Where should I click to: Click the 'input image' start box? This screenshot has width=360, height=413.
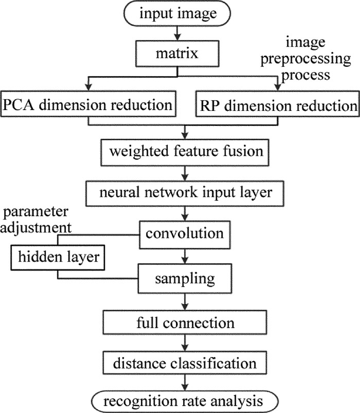(178, 14)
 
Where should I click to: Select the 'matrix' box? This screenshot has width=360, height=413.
(177, 52)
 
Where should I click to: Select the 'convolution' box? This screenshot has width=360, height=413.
(184, 234)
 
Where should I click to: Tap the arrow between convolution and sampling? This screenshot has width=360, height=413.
(184, 256)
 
